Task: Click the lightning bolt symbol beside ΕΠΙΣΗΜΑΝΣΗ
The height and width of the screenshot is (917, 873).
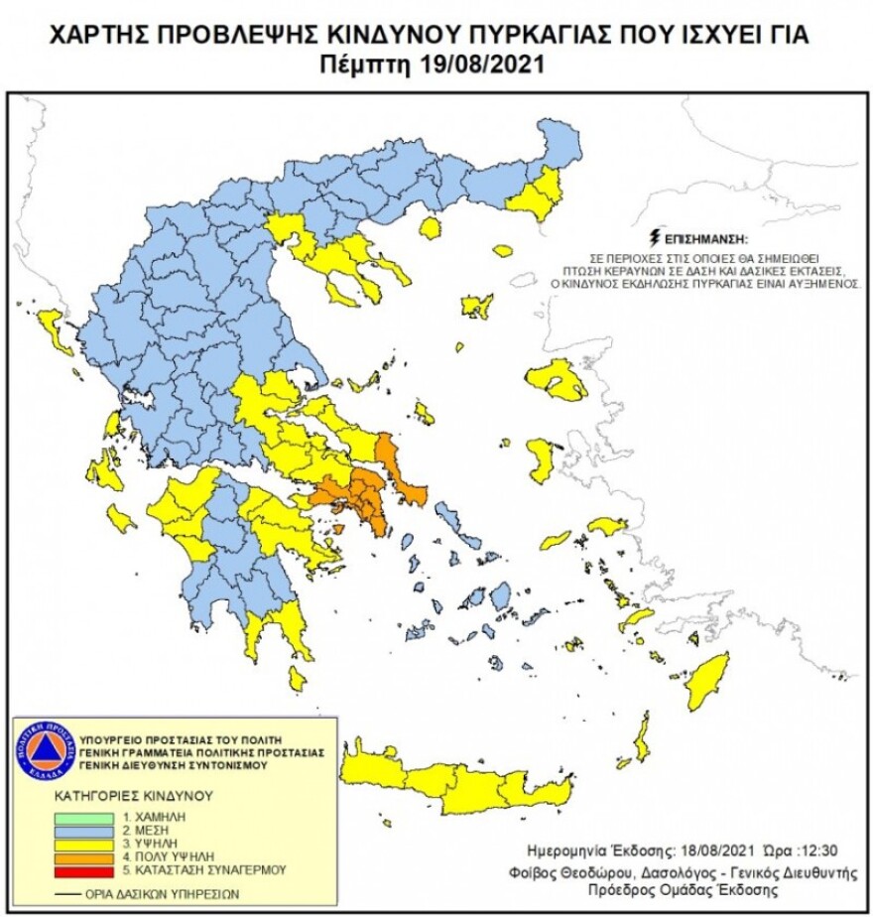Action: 652,238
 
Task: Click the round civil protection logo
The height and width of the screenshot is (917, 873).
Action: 46,750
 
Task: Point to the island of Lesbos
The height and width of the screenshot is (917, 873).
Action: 557,381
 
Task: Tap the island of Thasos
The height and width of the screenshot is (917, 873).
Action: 430,229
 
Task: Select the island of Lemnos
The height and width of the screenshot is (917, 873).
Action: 477,305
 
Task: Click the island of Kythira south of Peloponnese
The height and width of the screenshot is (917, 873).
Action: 297,679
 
